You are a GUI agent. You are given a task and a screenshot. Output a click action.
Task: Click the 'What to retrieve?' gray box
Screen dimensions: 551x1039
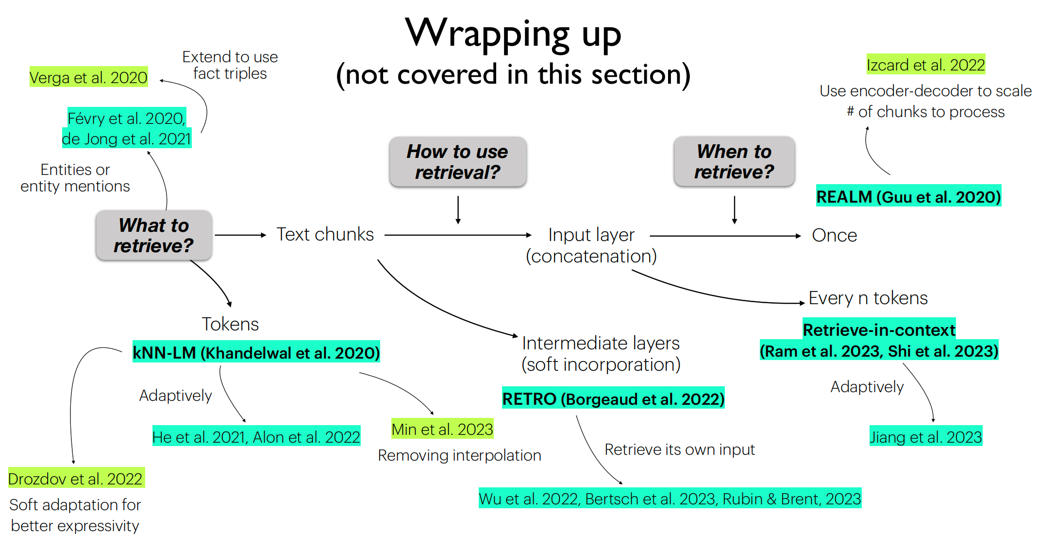153,235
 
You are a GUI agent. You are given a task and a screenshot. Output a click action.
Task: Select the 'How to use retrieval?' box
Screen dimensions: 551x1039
457,161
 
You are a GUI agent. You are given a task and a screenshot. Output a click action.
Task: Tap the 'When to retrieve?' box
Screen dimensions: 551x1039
734,161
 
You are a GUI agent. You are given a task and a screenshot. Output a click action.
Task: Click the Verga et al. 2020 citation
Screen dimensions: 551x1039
88,77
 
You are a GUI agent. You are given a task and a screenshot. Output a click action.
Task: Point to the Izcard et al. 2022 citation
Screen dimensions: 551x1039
925,65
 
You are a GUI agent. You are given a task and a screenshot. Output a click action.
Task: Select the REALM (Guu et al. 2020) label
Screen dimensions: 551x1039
908,197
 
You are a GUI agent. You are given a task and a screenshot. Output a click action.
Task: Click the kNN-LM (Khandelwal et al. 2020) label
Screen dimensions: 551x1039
256,352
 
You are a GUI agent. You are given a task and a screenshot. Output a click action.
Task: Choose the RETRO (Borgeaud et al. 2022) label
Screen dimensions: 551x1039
613,398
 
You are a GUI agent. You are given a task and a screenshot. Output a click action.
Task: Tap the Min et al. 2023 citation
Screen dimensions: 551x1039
442,429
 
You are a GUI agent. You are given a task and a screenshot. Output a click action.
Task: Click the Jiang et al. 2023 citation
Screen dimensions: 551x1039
925,437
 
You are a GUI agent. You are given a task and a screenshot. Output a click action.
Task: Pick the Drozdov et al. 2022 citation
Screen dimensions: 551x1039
76,479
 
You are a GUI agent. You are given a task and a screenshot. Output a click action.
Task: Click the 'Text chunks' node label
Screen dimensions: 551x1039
325,234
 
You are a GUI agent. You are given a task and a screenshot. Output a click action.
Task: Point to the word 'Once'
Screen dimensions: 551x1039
834,235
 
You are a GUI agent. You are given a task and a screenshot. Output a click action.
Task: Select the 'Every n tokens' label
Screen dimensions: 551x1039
868,298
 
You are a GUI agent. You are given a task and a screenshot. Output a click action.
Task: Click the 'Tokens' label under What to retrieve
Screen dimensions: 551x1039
230,324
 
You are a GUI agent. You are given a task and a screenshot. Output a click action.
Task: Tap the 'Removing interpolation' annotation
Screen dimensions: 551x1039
459,455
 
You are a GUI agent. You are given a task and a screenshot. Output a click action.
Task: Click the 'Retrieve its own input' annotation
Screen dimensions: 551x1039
679,449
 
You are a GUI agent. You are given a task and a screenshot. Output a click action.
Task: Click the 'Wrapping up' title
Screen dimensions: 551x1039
513,33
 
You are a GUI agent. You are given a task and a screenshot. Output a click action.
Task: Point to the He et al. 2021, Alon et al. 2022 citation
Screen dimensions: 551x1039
256,437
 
